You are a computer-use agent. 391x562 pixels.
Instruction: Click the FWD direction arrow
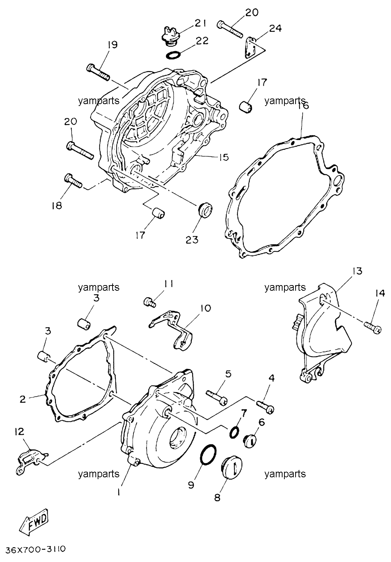click(x=34, y=517)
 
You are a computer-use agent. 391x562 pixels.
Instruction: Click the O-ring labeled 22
click(x=173, y=55)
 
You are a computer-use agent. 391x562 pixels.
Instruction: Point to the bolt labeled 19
click(x=98, y=72)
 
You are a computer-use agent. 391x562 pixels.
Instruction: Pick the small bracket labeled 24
click(x=250, y=48)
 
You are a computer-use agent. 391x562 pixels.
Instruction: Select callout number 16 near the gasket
click(x=303, y=106)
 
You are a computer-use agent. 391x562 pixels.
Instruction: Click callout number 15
click(x=224, y=157)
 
